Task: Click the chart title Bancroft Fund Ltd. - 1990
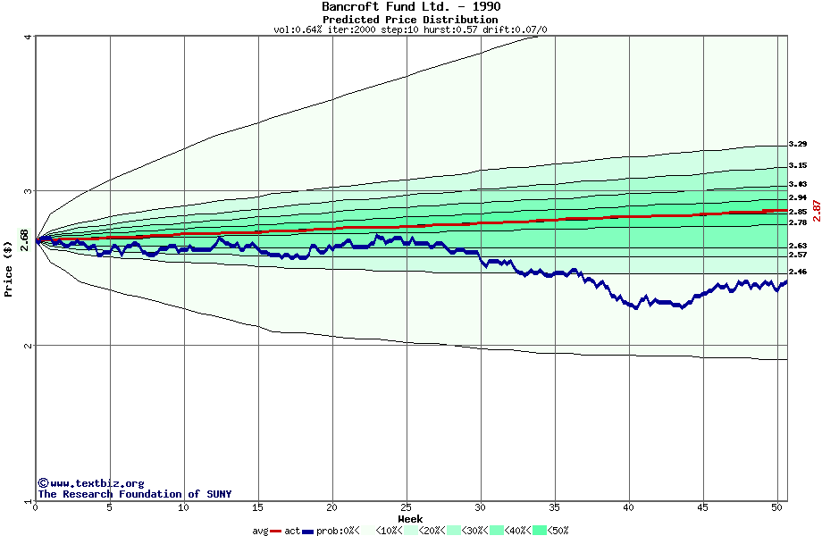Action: pos(411,7)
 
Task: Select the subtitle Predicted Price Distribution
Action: pos(410,20)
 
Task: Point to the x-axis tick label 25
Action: pos(407,507)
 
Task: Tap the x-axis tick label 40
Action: pos(629,507)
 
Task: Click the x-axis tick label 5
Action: pos(110,507)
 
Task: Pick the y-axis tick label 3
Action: pos(29,191)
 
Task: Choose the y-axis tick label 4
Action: pos(29,37)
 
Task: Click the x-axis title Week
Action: pos(410,518)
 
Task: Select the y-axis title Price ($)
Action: pos(9,268)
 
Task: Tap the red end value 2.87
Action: pos(816,212)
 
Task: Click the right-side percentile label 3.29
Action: pos(798,145)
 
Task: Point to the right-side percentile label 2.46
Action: pos(798,272)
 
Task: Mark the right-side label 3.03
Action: pos(798,184)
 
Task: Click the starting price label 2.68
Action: pos(25,240)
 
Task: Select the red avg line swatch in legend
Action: pos(277,531)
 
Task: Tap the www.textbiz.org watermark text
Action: pos(96,483)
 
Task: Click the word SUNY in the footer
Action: pos(218,494)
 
